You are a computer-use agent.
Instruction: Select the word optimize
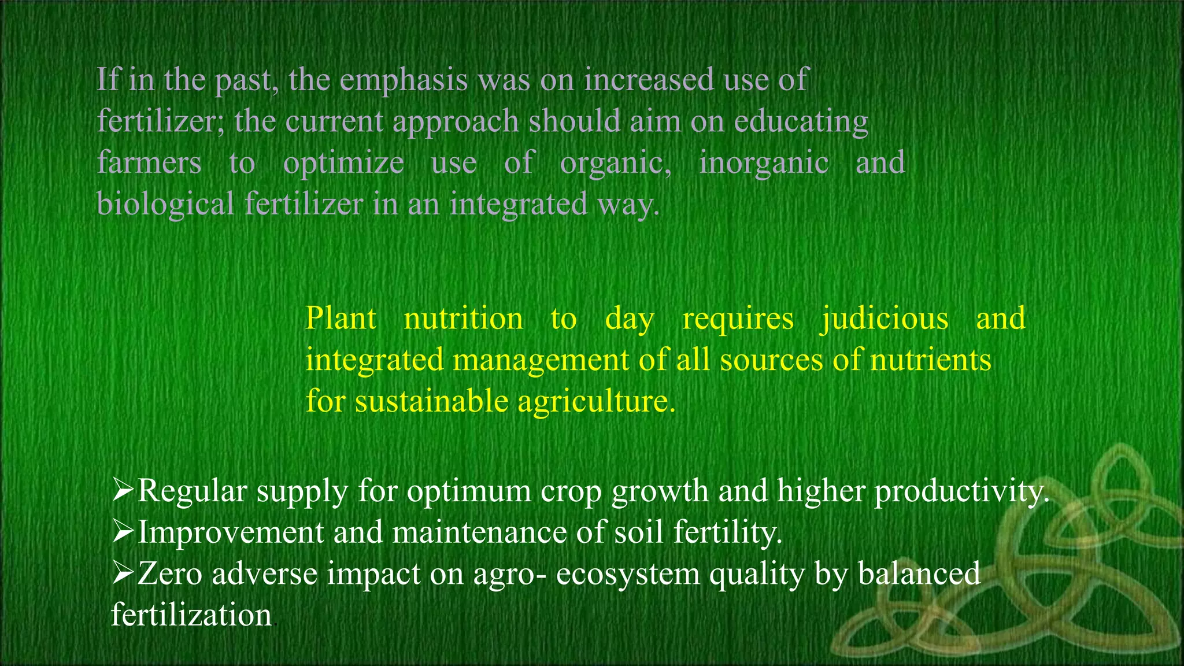click(x=343, y=163)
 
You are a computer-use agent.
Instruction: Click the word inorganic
click(x=764, y=163)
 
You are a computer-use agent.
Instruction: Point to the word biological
click(x=165, y=205)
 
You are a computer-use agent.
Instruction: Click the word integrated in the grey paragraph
click(x=518, y=205)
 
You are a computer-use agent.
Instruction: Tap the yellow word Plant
click(x=341, y=319)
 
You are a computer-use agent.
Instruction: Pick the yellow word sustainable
click(x=431, y=401)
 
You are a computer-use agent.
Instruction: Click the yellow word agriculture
click(x=595, y=401)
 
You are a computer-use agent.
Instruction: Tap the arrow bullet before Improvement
click(x=123, y=532)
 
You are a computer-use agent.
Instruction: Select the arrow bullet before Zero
click(x=123, y=573)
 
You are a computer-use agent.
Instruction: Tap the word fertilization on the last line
click(x=191, y=615)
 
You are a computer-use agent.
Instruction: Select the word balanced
click(x=919, y=573)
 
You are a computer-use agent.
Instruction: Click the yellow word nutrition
click(x=463, y=319)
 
